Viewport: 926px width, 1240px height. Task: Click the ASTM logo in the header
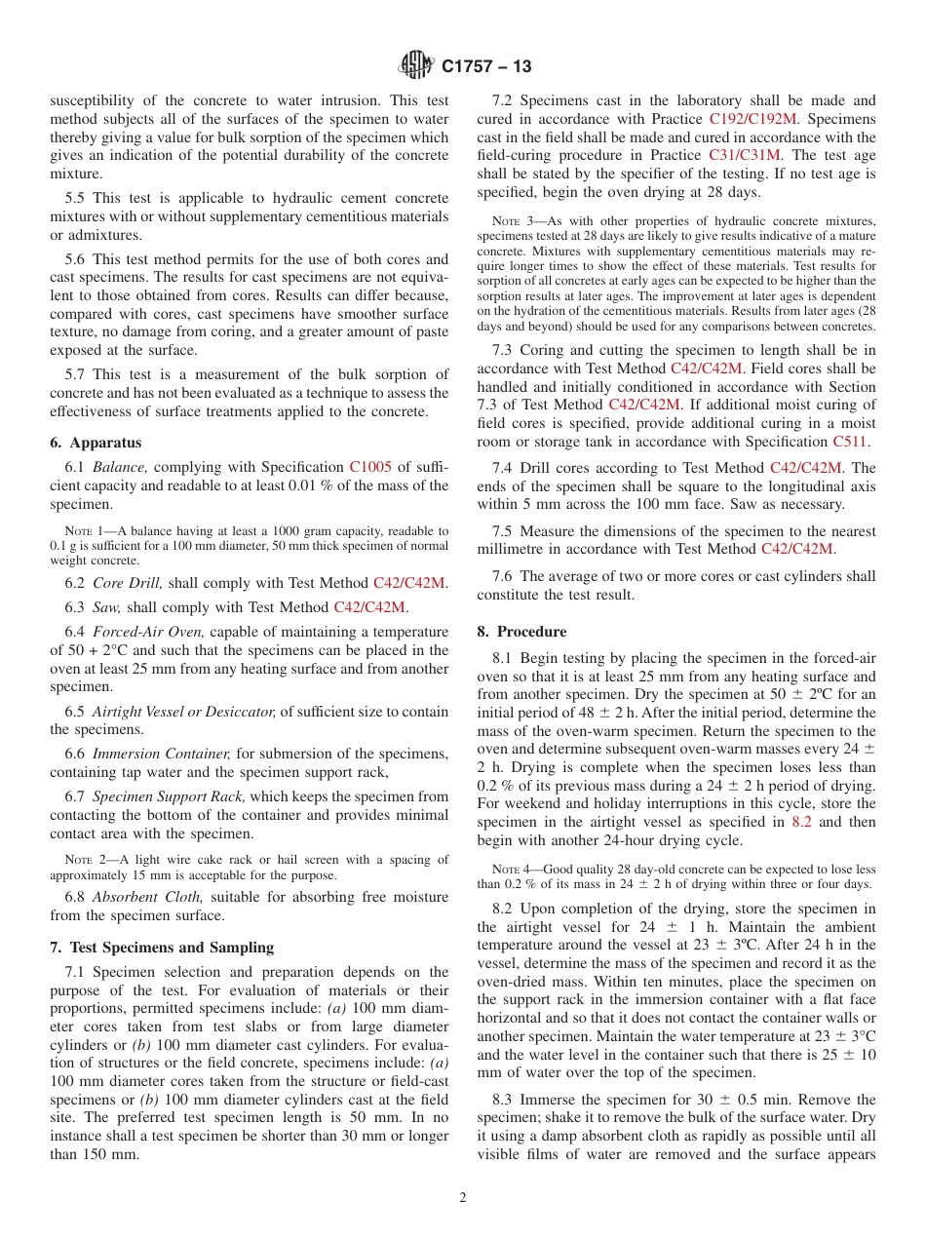(x=416, y=66)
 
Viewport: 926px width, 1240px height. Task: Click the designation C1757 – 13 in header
(x=486, y=67)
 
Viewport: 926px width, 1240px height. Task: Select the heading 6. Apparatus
(x=96, y=442)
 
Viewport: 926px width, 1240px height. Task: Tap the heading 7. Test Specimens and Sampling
(x=162, y=948)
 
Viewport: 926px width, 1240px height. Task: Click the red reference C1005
(x=370, y=467)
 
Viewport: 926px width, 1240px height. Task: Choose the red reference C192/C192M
(x=753, y=119)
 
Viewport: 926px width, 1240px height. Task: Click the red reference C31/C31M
(x=745, y=155)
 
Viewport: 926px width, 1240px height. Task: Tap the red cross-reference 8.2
(x=801, y=822)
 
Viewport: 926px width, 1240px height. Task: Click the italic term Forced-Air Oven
(x=149, y=632)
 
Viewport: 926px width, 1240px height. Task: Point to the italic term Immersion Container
(x=162, y=754)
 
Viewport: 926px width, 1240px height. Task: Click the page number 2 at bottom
(x=463, y=1198)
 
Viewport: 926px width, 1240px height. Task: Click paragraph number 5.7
(x=77, y=374)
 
